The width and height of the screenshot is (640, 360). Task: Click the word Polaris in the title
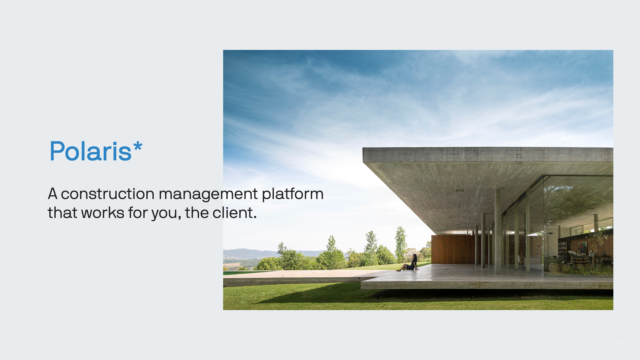point(91,151)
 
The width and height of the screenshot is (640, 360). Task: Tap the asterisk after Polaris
point(138,146)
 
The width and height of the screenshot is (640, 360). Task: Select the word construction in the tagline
point(107,194)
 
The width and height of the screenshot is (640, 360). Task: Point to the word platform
point(293,194)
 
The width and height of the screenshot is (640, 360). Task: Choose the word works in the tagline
point(103,213)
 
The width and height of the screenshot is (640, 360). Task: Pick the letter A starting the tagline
point(53,194)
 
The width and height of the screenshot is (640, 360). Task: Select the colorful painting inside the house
point(582,248)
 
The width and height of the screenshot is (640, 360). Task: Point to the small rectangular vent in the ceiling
point(460,190)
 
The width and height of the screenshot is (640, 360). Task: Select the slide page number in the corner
point(621,343)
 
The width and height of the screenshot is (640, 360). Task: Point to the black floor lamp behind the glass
point(548,250)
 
